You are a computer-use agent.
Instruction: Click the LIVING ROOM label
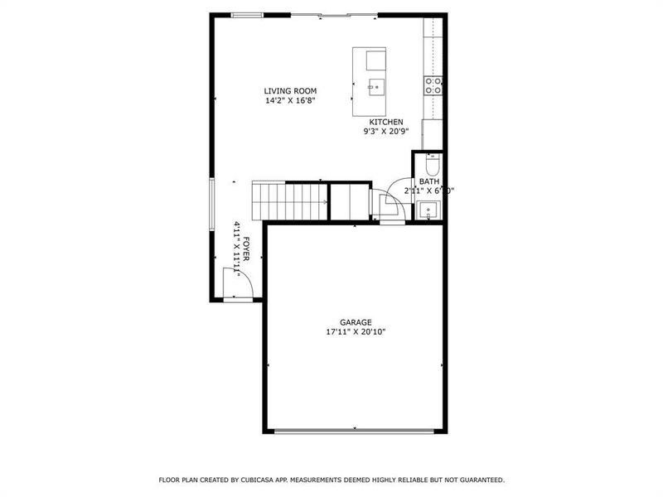290,90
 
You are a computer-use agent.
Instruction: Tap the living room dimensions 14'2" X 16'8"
290,100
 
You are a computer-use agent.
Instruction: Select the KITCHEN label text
386,122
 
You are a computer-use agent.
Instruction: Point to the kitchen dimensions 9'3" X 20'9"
386,131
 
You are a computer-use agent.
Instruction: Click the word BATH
428,181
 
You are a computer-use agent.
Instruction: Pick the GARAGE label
356,322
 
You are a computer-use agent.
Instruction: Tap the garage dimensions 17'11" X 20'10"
356,332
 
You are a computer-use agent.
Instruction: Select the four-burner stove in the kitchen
433,85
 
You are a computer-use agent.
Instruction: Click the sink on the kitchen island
375,84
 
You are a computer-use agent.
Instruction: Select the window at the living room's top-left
248,14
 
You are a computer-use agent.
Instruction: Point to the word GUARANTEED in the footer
479,480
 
